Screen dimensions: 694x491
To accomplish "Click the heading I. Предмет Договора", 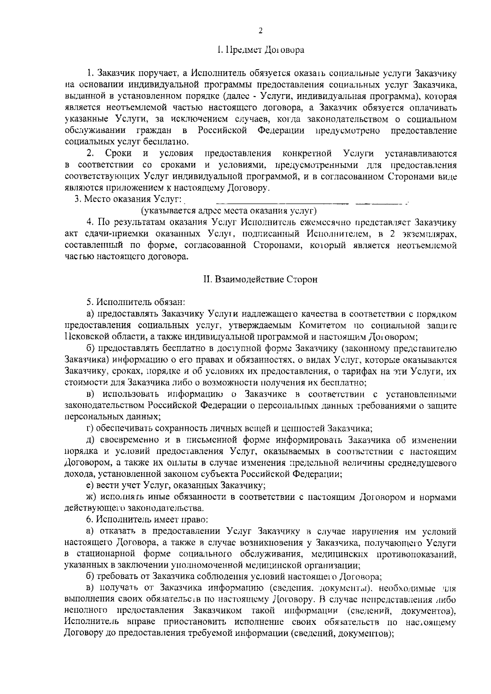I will click(x=260, y=51).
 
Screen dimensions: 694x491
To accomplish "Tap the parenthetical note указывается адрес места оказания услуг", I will click(x=229, y=211).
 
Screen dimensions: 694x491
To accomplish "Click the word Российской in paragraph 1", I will click(x=223, y=131).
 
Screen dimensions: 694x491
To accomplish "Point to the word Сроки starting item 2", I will click(x=118, y=154).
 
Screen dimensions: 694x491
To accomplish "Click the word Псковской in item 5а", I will click(x=86, y=337).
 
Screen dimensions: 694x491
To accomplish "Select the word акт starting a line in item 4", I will click(x=72, y=234).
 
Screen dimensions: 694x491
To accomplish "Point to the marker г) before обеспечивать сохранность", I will click(x=90, y=428).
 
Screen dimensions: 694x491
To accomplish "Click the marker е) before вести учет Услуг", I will click(x=90, y=486).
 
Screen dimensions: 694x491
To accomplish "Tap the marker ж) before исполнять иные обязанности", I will click(x=90, y=497).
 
